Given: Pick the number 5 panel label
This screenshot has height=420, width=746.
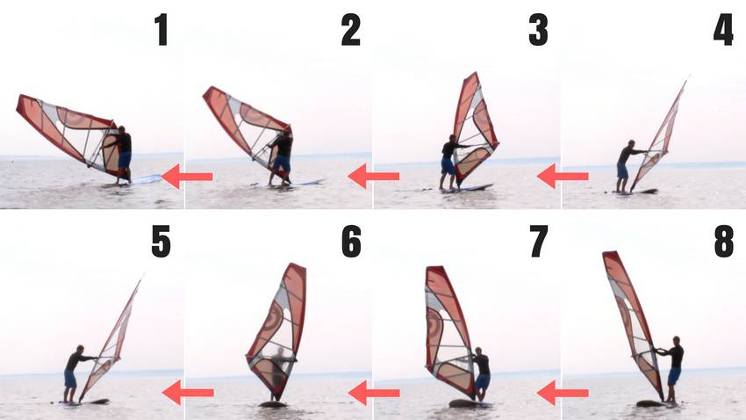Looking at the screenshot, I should (x=161, y=242).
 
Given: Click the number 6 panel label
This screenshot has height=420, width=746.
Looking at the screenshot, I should (x=350, y=242).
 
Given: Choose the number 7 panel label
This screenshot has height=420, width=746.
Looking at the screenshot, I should (x=537, y=242).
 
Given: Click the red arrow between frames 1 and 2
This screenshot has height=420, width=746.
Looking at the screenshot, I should (x=189, y=177).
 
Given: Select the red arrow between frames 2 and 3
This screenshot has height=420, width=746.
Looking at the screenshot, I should (x=374, y=177).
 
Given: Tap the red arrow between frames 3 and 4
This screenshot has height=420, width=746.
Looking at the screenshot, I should (x=563, y=177).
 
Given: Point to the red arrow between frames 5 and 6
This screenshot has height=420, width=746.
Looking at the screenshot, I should (x=188, y=392).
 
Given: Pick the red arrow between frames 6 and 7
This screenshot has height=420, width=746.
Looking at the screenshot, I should (x=374, y=392).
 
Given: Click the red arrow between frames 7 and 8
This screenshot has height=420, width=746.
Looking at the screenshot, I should (x=563, y=392).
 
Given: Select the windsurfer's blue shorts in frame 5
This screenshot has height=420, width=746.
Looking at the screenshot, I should (x=70, y=379).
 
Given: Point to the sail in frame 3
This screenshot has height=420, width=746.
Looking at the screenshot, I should (x=474, y=123).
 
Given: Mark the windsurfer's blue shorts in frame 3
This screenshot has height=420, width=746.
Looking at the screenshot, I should (x=448, y=165).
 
